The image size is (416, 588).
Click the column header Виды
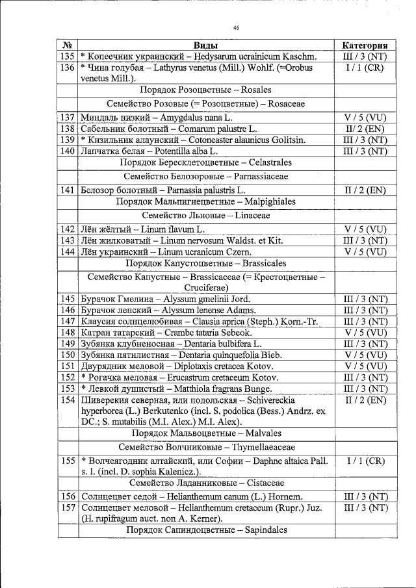tap(205, 45)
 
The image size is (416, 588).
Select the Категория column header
tap(365, 45)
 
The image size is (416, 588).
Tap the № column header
tap(67, 45)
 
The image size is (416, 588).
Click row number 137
tap(67, 118)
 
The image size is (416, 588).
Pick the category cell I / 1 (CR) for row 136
tap(365, 68)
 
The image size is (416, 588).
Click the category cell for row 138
tap(365, 129)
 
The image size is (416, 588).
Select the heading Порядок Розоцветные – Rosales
tap(205, 90)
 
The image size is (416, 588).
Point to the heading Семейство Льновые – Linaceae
tap(205, 215)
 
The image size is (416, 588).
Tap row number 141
tap(67, 190)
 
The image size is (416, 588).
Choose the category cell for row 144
tap(365, 251)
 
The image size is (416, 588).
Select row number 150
tap(67, 354)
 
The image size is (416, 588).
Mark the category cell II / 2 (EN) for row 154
tap(365, 400)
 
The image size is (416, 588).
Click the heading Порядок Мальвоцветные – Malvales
tap(205, 433)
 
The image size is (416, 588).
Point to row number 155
tap(67, 460)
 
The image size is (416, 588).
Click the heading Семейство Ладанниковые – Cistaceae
tap(205, 483)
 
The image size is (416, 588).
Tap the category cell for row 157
tap(365, 507)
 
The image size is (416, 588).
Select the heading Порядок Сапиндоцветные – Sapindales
tap(205, 530)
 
